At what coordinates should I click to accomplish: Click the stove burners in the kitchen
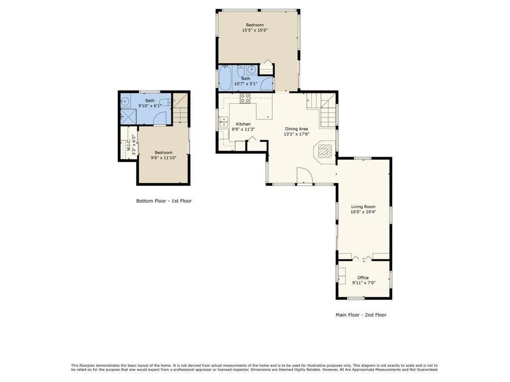click(x=245, y=97)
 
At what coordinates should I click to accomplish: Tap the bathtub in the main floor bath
click(x=225, y=78)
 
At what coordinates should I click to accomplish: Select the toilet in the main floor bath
click(x=241, y=71)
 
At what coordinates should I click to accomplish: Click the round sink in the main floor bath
click(x=252, y=70)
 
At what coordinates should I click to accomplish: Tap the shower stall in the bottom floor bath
click(x=128, y=116)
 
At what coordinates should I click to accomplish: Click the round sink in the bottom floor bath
click(x=126, y=101)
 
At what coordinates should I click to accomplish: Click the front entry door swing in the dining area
click(x=304, y=176)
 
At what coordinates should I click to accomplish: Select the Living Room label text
click(x=363, y=206)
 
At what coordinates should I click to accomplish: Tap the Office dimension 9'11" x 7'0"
click(x=363, y=283)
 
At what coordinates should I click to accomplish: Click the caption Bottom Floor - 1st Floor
click(x=164, y=201)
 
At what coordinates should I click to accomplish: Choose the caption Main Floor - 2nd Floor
click(x=361, y=315)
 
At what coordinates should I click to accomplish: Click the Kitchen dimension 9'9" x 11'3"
click(x=243, y=129)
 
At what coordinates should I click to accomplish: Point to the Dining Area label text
click(x=296, y=129)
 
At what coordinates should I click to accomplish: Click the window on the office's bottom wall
click(x=356, y=298)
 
